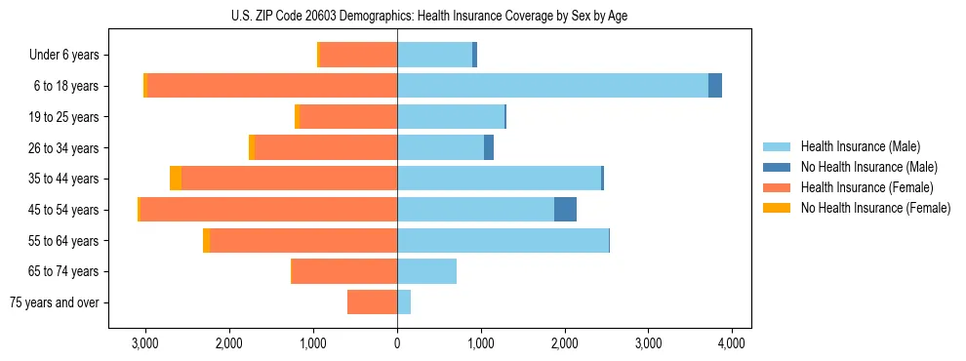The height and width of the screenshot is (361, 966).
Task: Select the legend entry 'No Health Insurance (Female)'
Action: [x=875, y=208]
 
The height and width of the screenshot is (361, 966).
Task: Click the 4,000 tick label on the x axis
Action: [x=732, y=344]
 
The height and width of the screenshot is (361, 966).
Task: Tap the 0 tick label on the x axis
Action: [x=397, y=344]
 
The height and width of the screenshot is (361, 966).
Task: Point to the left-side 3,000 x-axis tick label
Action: [x=144, y=344]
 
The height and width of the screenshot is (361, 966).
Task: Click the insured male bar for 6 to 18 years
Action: [x=552, y=86]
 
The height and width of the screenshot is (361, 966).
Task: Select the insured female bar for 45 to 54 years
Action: [x=268, y=210]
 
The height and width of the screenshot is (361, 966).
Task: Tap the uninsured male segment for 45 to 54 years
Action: [x=565, y=210]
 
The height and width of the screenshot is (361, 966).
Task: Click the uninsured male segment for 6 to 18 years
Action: [x=715, y=86]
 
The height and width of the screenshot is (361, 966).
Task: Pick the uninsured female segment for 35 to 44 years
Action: [x=176, y=179]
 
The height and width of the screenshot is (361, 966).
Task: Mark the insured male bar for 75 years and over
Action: [x=404, y=302]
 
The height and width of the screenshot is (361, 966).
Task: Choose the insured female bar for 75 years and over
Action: [x=372, y=302]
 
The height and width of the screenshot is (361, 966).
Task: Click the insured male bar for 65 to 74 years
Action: [x=426, y=271]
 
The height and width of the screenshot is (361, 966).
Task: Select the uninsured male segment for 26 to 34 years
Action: [x=489, y=147]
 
